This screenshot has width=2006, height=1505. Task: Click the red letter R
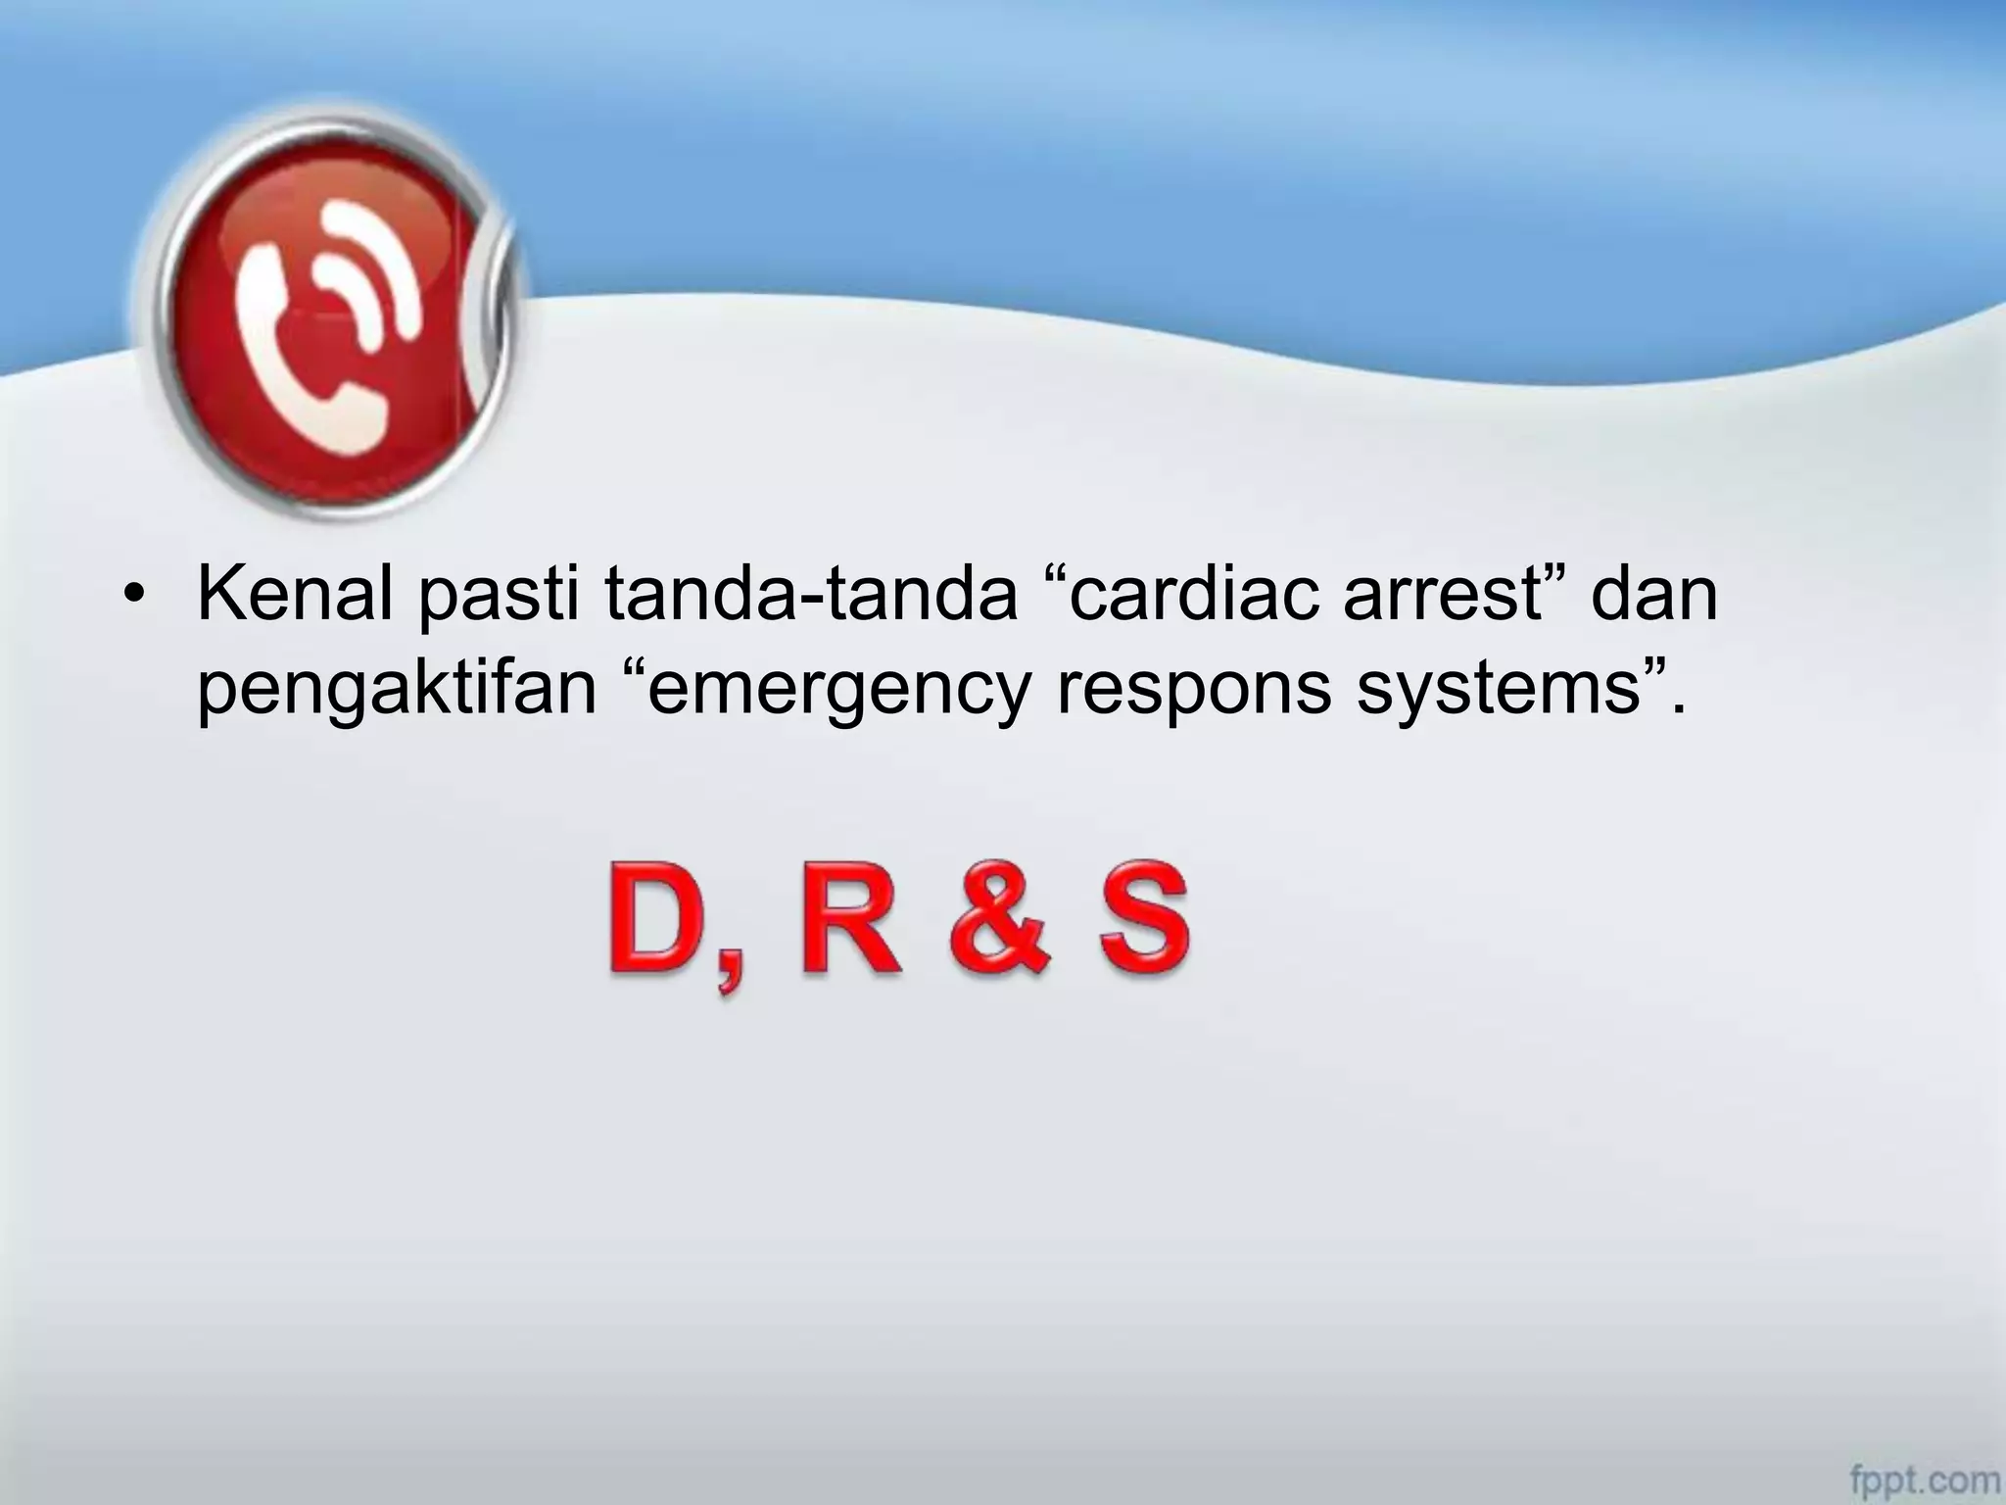(848, 920)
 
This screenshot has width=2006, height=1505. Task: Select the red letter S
(1144, 920)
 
